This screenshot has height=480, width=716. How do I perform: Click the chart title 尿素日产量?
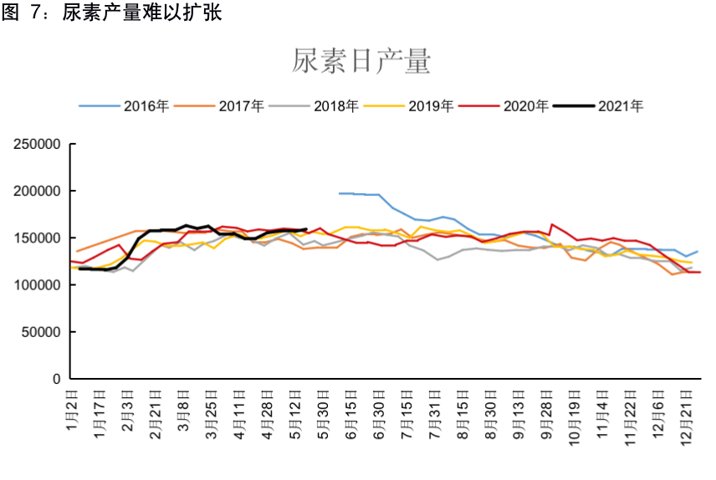click(x=361, y=61)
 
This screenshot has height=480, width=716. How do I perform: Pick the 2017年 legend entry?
click(x=219, y=106)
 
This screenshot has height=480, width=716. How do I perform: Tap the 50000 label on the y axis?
click(x=40, y=332)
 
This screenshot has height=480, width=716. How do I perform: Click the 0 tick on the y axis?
click(x=57, y=379)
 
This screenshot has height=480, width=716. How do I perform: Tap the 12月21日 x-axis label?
click(x=688, y=417)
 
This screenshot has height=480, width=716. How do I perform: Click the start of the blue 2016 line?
click(x=339, y=193)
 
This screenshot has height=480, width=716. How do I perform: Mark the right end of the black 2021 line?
click(x=306, y=229)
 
